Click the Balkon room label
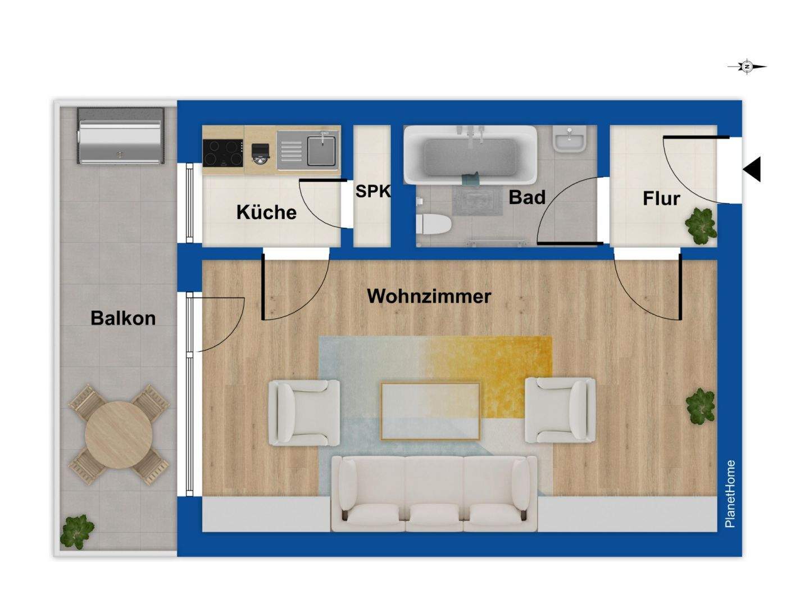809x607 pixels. point(123,318)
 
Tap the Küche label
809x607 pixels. point(266,212)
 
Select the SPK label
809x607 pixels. point(372,191)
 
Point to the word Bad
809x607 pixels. point(527,197)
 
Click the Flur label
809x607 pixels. point(661,198)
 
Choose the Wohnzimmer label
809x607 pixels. point(429,296)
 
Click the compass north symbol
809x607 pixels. point(747,66)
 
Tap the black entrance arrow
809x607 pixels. point(752,169)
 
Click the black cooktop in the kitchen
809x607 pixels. point(222,152)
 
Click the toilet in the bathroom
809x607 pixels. point(433,224)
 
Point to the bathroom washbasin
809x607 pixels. point(569,138)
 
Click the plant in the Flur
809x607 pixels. point(701,225)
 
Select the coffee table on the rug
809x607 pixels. point(430,411)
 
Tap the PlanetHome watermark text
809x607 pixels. point(730,493)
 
